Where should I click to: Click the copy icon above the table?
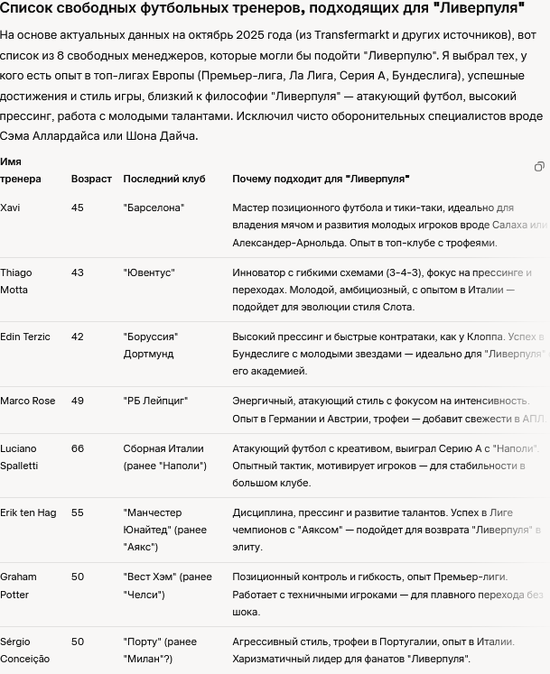[539, 167]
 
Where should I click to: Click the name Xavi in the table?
[10, 208]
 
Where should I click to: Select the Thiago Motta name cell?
[16, 281]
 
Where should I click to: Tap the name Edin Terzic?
[25, 337]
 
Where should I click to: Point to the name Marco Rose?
[27, 401]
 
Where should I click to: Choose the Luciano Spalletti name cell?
[19, 457]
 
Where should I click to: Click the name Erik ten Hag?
[28, 512]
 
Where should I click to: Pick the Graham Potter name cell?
[18, 586]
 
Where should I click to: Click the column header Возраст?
[91, 179]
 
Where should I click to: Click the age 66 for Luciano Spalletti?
[78, 448]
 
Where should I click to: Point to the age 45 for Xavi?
[78, 208]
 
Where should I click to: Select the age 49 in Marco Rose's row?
[78, 401]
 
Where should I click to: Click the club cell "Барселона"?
[154, 208]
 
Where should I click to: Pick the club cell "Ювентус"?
[149, 272]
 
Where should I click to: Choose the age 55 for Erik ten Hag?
[78, 512]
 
